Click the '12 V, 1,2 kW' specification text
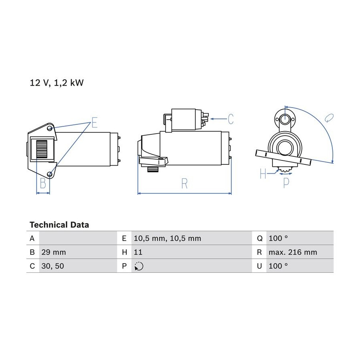pyautogui.click(x=56, y=83)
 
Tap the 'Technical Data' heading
pyautogui.click(x=59, y=225)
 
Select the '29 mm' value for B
pyautogui.click(x=53, y=252)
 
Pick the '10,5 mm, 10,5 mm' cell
pyautogui.click(x=167, y=238)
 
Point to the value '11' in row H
pyautogui.click(x=138, y=252)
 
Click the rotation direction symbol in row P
pyautogui.click(x=139, y=266)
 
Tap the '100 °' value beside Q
pyautogui.click(x=278, y=238)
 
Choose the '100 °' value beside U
pyautogui.click(x=278, y=266)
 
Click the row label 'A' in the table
pyautogui.click(x=32, y=238)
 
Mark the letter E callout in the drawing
pyautogui.click(x=94, y=122)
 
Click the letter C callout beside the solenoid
pyautogui.click(x=230, y=119)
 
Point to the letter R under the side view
pyautogui.click(x=184, y=184)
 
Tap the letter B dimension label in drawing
pyautogui.click(x=43, y=183)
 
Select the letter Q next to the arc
pyautogui.click(x=329, y=118)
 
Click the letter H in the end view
pyautogui.click(x=263, y=174)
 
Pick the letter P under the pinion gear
pyautogui.click(x=286, y=183)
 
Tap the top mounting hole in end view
pyautogui.click(x=284, y=119)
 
